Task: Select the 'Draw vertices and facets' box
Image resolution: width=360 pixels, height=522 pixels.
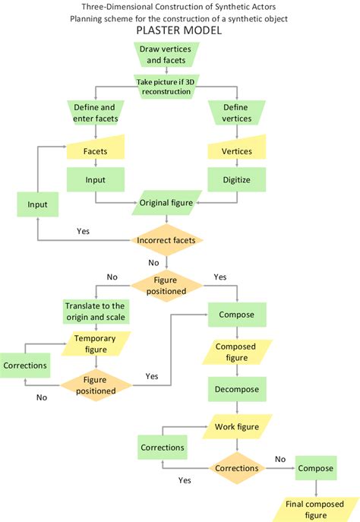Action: (x=165, y=55)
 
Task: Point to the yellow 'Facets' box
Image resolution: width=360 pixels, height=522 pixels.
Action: (x=95, y=151)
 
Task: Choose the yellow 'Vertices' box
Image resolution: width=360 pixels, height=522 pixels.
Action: (x=236, y=151)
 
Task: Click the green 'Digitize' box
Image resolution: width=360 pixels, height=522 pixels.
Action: (x=236, y=180)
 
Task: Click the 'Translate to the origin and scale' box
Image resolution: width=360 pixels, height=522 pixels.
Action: (x=95, y=312)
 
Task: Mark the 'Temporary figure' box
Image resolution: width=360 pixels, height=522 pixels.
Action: (x=95, y=344)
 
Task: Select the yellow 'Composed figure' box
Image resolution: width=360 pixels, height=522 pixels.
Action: (x=236, y=352)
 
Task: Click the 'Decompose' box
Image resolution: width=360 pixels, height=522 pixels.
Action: (x=236, y=389)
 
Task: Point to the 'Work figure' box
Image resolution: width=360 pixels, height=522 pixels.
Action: (x=236, y=427)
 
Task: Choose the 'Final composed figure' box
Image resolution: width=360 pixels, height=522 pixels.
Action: (x=313, y=508)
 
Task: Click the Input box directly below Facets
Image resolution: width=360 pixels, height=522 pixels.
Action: (x=95, y=180)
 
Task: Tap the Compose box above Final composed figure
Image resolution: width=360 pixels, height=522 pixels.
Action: (x=315, y=468)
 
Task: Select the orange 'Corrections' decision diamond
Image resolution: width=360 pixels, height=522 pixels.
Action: (x=236, y=469)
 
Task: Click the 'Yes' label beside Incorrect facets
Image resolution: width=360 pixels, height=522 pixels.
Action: (x=84, y=230)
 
